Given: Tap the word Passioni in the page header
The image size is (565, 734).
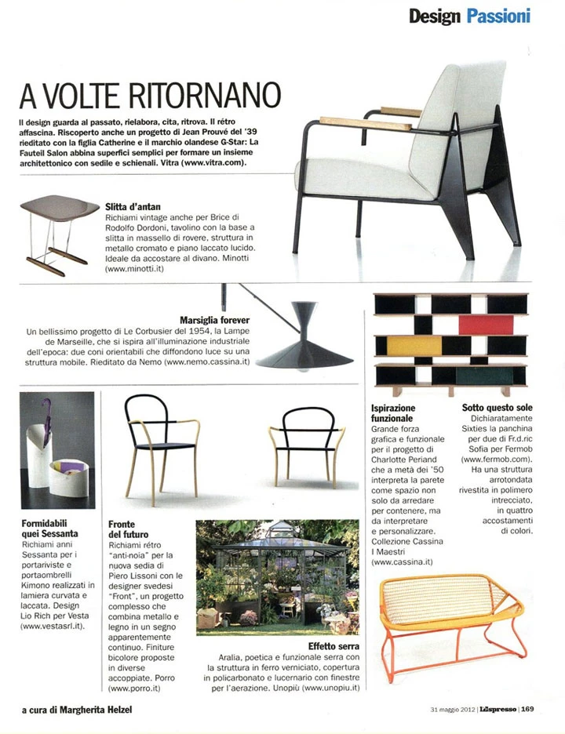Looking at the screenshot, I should [499, 16].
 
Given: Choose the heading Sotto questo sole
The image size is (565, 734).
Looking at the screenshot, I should [497, 409].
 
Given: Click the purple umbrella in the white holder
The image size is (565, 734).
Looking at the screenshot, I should [47, 430].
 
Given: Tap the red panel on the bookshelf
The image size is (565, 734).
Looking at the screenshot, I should [485, 324].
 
